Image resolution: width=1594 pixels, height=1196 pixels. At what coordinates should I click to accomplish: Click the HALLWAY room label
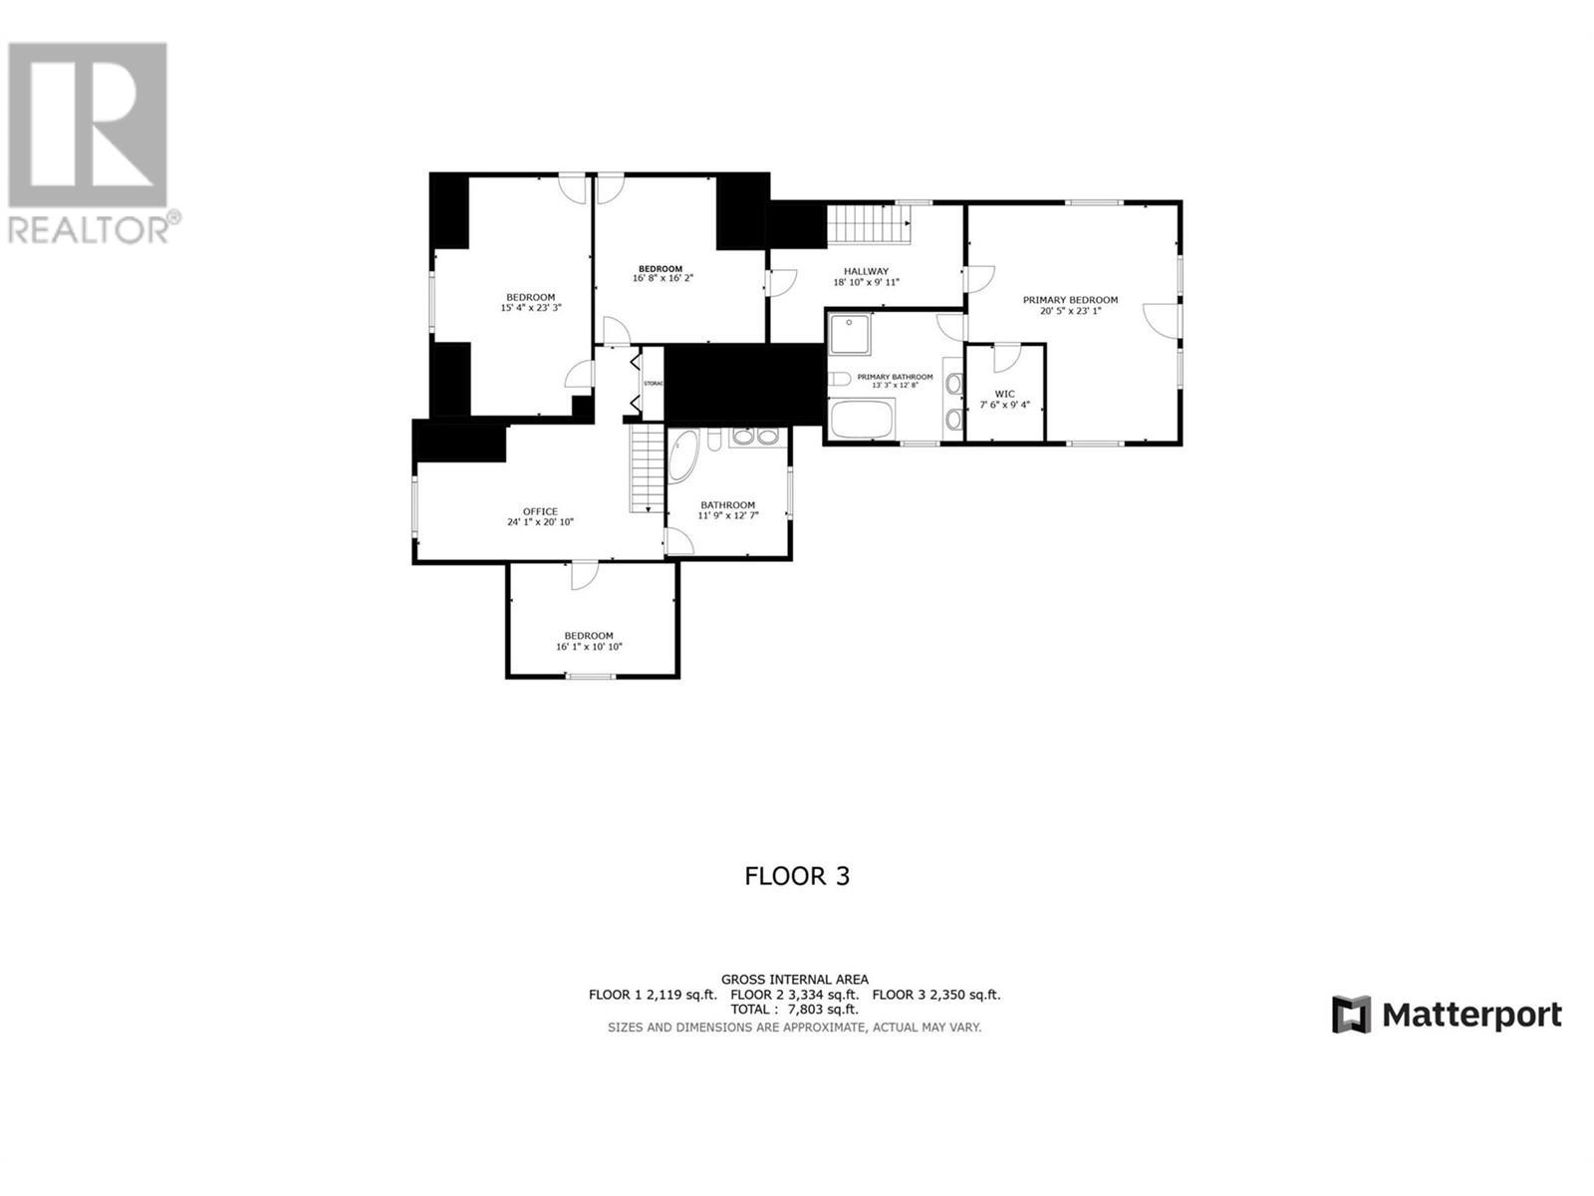click(866, 271)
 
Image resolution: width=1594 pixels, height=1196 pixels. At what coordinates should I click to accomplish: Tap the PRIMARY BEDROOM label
click(1070, 300)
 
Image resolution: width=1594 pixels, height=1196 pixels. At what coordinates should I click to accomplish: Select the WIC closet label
click(1004, 394)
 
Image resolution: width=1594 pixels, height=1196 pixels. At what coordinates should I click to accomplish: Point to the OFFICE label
click(540, 511)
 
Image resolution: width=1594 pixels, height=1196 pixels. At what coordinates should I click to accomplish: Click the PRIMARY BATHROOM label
click(895, 377)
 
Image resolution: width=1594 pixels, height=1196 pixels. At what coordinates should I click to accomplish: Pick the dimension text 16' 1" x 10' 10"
click(589, 647)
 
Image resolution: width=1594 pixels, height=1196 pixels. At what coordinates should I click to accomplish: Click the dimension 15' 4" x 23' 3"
click(530, 308)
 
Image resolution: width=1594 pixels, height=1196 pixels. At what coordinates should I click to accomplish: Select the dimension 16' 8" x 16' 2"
click(663, 278)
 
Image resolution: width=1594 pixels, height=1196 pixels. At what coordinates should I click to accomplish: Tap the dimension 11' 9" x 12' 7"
click(727, 515)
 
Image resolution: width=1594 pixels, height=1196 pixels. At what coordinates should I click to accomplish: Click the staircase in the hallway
click(870, 223)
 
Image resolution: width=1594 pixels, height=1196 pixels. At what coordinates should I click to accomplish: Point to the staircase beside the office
click(646, 467)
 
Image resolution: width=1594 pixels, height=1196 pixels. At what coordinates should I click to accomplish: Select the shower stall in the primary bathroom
click(850, 333)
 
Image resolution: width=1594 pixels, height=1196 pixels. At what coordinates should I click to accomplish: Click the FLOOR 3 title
click(797, 876)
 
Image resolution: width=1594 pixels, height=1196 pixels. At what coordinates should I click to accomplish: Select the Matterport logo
click(1447, 1015)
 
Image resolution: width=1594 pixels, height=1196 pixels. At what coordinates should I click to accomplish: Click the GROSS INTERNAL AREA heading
click(794, 979)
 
